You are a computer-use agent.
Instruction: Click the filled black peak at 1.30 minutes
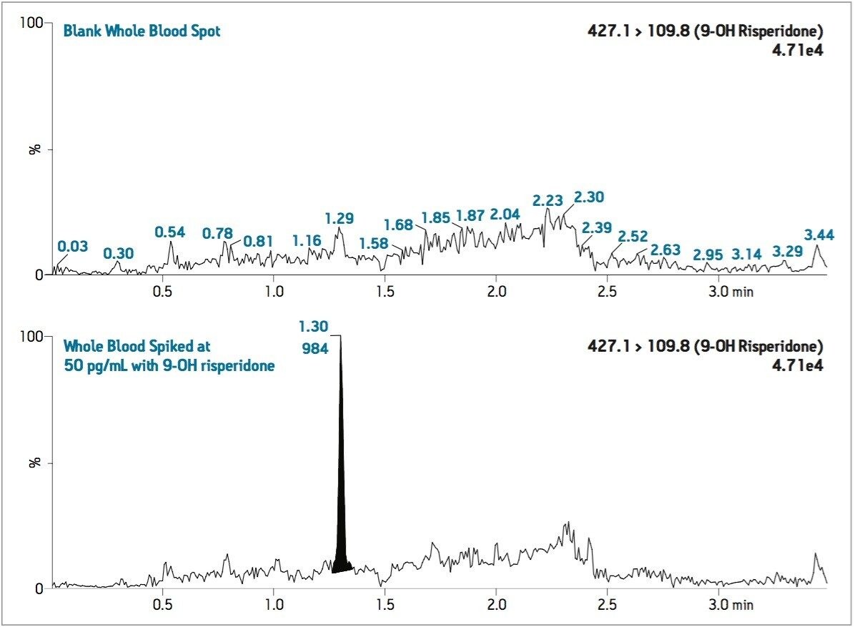coord(341,500)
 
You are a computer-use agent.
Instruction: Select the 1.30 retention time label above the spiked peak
coord(314,327)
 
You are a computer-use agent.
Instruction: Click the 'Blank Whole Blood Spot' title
coord(142,31)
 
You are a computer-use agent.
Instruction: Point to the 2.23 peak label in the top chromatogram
coord(548,200)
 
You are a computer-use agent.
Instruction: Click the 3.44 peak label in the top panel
coord(819,234)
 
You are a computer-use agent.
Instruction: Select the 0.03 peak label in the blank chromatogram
coord(72,247)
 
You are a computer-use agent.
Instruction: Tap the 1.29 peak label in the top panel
coord(339,218)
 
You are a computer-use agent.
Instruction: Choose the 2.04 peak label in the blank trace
coord(505,214)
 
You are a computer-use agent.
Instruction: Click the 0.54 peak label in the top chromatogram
coord(170,232)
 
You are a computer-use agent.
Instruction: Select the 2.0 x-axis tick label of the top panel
coord(495,293)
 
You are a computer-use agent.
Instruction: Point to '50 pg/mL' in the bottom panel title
coord(93,365)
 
